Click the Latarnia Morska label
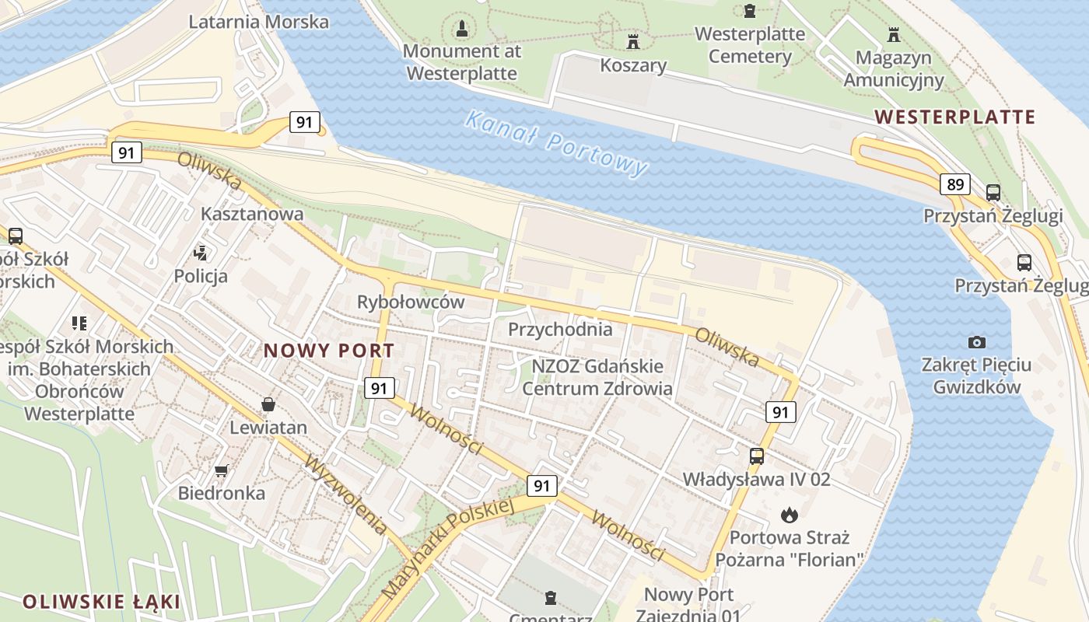click(259, 21)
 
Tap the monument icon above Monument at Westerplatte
click(462, 30)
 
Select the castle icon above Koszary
click(633, 41)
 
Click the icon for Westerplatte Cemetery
click(749, 11)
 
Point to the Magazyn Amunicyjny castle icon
click(893, 35)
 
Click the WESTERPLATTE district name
click(954, 117)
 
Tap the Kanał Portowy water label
click(556, 143)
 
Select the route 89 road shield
click(954, 184)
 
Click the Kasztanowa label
click(252, 214)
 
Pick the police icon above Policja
click(201, 253)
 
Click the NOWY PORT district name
click(328, 351)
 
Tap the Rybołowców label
click(411, 302)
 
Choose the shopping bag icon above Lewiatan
click(268, 404)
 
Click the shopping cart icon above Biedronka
click(222, 470)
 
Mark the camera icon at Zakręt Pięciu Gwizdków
click(976, 342)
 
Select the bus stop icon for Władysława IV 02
click(756, 456)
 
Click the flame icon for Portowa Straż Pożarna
click(790, 515)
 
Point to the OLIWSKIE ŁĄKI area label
click(101, 602)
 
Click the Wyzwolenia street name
click(347, 496)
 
